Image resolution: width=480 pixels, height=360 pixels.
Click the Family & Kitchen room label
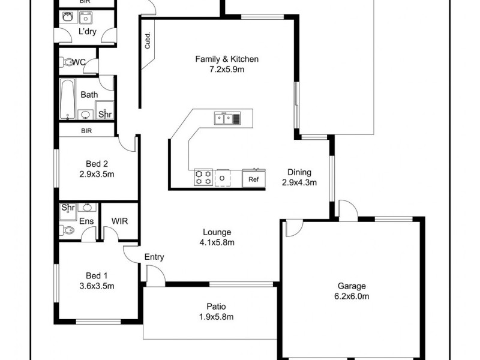click(x=227, y=59)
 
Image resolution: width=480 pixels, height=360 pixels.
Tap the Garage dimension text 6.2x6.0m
click(x=352, y=296)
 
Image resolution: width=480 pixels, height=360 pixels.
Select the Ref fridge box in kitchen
click(x=253, y=179)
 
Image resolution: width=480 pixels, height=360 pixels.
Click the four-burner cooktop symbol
click(x=203, y=178)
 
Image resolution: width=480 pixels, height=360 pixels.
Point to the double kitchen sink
click(x=227, y=119)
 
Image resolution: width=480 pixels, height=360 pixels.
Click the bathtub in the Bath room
click(x=67, y=100)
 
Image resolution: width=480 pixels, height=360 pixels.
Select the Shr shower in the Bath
click(x=104, y=113)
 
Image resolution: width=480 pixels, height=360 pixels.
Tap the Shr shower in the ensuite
click(x=68, y=208)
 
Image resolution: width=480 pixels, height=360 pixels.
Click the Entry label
click(x=154, y=257)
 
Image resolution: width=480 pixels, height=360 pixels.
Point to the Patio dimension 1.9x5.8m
click(x=216, y=317)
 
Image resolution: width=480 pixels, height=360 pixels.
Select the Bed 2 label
click(x=97, y=163)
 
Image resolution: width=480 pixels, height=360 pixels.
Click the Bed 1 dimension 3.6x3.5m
click(x=97, y=286)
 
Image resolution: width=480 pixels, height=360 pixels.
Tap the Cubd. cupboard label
click(x=147, y=41)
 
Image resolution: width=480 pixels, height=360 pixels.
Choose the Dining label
click(x=299, y=172)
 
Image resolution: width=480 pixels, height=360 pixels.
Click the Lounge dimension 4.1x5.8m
click(x=216, y=242)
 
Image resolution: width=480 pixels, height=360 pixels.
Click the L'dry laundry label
click(x=88, y=32)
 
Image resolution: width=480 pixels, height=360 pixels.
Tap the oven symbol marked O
click(x=222, y=178)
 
